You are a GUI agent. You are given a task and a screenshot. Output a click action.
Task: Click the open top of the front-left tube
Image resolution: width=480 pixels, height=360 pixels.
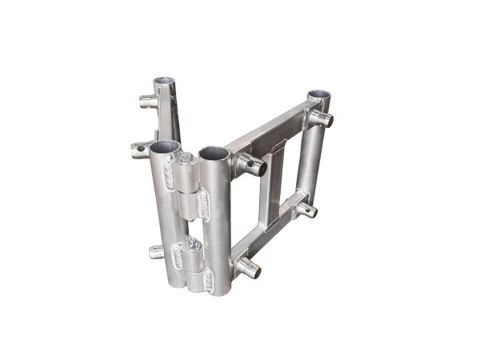pos(165,147)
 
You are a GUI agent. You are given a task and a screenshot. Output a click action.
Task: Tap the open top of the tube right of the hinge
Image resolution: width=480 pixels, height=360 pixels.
pos(213,151)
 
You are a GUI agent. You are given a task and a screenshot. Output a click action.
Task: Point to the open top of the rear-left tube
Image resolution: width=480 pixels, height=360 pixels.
pos(164,82)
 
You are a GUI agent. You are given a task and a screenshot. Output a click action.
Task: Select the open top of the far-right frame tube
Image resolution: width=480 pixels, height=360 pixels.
pos(318,94)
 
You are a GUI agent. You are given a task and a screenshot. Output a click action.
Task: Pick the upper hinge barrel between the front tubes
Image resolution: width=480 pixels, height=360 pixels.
pos(191,195)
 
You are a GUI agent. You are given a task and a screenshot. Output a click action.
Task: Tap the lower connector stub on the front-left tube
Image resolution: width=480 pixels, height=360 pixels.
pos(157,253)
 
